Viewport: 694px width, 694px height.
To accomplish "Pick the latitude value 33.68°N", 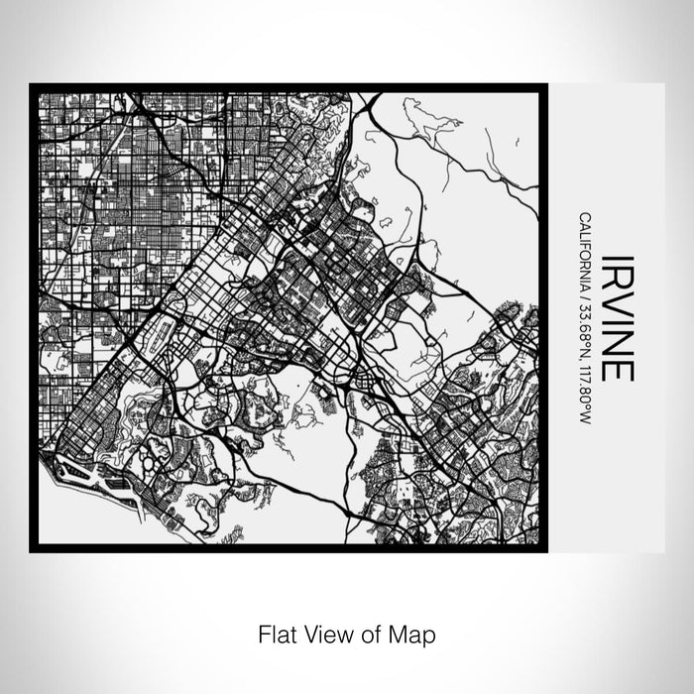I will [585, 317].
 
